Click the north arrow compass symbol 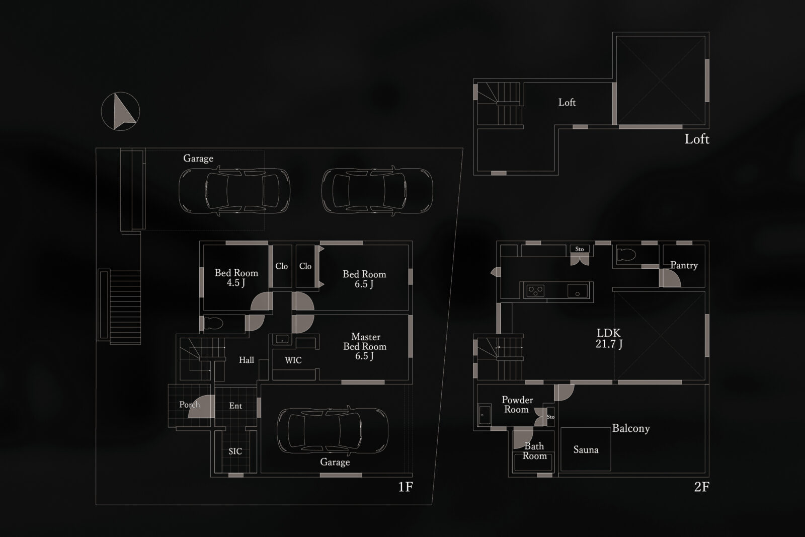[120, 111]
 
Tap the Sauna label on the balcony [586, 449]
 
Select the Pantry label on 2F [684, 265]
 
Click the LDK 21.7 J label [609, 338]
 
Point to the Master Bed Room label [365, 346]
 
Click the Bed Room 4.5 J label [236, 277]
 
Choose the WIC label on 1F [293, 360]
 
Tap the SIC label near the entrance [235, 451]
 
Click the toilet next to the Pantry [626, 255]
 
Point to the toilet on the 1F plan [213, 323]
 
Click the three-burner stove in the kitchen [535, 290]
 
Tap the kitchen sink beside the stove [578, 290]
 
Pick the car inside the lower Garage [333, 431]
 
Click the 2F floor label [701, 487]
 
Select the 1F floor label [406, 487]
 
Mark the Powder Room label [517, 405]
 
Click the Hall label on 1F [247, 360]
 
